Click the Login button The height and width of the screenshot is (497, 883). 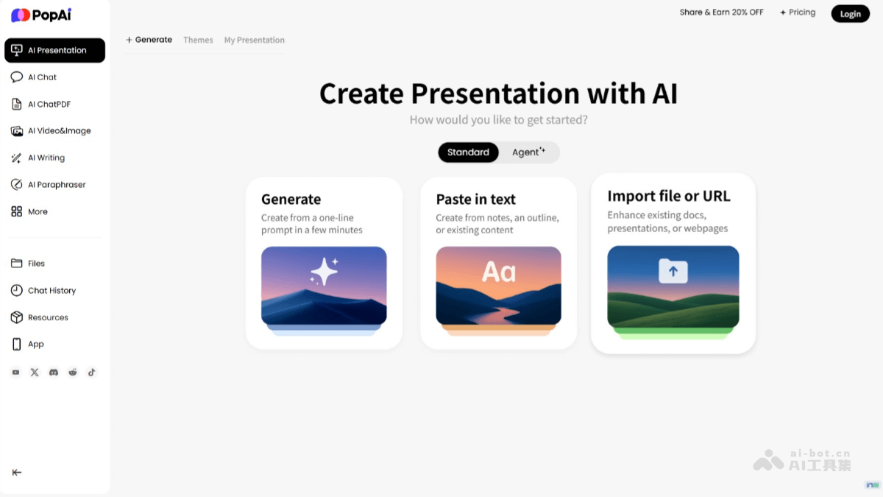tap(850, 13)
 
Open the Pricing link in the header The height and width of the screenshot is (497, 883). tap(798, 13)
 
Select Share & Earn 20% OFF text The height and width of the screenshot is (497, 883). tap(721, 13)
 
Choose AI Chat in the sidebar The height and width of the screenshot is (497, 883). tap(42, 77)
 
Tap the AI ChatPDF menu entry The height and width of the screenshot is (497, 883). tap(49, 105)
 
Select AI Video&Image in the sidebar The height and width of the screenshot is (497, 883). tap(59, 131)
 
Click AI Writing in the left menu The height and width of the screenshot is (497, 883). tap(46, 158)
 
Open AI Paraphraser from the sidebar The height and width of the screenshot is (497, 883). tap(57, 185)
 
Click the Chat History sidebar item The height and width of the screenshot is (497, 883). tap(52, 291)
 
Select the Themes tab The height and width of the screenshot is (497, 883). tap(198, 40)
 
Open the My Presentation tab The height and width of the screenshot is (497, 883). tap(254, 40)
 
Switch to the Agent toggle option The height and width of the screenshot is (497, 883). tap(528, 152)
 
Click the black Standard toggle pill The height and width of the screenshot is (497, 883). tap(468, 152)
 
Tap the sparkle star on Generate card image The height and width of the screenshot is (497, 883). tap(324, 272)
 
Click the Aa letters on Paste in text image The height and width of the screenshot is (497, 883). tap(498, 272)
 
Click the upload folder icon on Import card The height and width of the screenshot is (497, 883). tap(673, 271)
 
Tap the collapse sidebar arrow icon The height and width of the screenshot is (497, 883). tap(17, 473)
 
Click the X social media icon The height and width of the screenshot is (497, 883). tap(35, 373)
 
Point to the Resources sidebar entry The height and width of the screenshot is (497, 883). tap(48, 318)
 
